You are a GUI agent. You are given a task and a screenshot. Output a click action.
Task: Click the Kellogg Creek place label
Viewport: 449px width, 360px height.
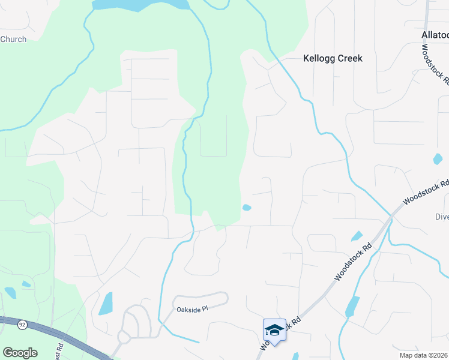tap(333, 59)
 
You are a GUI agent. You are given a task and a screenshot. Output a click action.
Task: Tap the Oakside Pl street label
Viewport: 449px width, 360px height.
tap(191, 309)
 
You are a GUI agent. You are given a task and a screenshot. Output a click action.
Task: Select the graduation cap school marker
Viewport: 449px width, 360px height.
tap(274, 330)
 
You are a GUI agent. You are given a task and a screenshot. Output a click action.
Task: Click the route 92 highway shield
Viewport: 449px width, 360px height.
tap(22, 325)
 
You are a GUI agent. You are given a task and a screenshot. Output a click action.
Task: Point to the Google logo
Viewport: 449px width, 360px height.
tap(20, 353)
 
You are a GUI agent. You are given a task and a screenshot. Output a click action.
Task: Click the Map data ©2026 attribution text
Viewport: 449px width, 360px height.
tap(423, 355)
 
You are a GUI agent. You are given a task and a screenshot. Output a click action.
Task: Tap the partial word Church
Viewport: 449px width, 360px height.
tap(13, 40)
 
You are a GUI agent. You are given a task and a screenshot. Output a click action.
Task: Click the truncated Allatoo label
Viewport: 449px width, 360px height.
tap(435, 35)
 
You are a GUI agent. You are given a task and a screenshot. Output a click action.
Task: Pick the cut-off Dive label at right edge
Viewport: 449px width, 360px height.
tap(442, 217)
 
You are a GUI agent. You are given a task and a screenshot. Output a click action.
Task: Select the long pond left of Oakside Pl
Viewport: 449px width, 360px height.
tap(105, 304)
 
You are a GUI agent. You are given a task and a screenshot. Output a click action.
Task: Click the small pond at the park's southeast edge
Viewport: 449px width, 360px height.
tap(247, 208)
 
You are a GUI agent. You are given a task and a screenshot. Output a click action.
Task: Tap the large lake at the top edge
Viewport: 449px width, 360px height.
tap(140, 5)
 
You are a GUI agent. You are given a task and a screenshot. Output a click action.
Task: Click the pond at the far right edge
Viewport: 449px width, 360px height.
tap(438, 159)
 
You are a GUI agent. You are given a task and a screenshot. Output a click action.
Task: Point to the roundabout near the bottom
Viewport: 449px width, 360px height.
tap(124, 337)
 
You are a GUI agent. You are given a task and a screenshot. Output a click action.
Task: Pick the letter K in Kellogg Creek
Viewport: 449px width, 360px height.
tap(307, 59)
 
